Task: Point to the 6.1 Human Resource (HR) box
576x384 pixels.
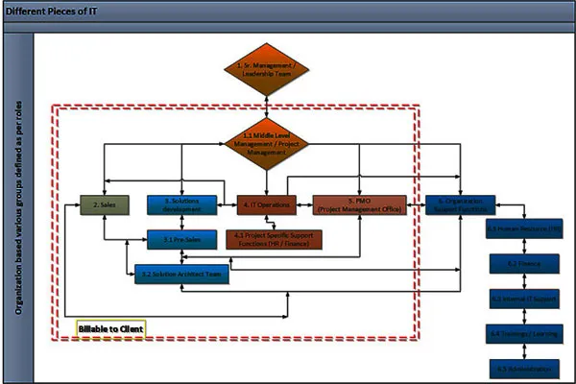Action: pos(523,229)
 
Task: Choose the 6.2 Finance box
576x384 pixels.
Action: pos(523,263)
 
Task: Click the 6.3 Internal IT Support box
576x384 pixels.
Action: pos(523,299)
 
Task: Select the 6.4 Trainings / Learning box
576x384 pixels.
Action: pos(523,333)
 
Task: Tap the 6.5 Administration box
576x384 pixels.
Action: pos(523,368)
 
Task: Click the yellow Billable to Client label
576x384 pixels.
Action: pos(110,328)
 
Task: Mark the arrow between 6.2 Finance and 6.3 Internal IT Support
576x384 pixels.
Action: pos(523,280)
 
